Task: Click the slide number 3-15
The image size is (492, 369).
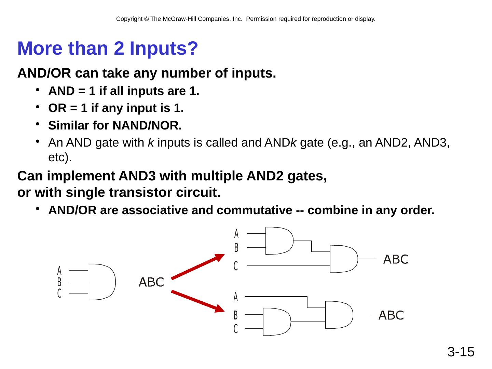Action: [461, 352]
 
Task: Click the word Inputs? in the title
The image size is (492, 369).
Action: [164, 48]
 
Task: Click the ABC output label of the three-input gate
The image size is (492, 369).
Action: [151, 282]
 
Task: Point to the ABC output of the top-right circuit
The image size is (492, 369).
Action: [396, 259]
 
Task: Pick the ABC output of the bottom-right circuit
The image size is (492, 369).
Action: [391, 315]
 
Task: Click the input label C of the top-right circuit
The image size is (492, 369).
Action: [236, 266]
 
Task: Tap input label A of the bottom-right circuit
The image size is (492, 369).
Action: [236, 297]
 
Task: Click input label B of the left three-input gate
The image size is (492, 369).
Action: [59, 282]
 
